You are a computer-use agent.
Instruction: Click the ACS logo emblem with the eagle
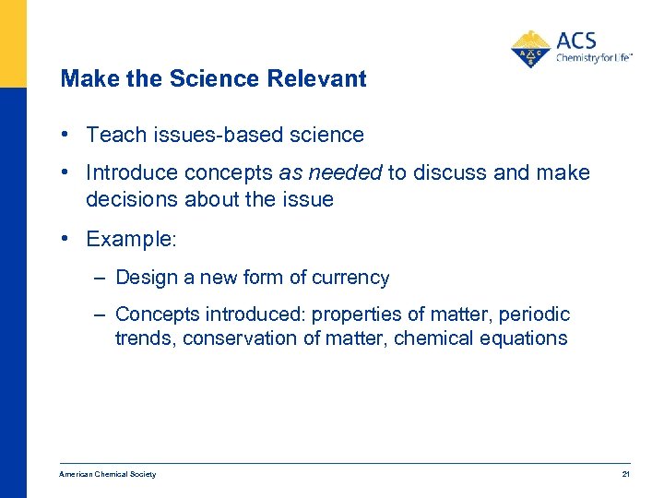[530, 48]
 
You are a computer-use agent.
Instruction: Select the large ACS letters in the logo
[576, 41]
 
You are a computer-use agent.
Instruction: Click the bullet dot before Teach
[65, 134]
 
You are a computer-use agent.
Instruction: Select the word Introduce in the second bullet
[129, 173]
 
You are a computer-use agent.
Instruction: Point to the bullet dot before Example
[65, 238]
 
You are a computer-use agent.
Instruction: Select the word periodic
[535, 314]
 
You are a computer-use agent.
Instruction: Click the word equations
[523, 338]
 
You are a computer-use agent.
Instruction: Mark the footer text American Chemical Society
[107, 474]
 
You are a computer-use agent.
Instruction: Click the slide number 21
[625, 474]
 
